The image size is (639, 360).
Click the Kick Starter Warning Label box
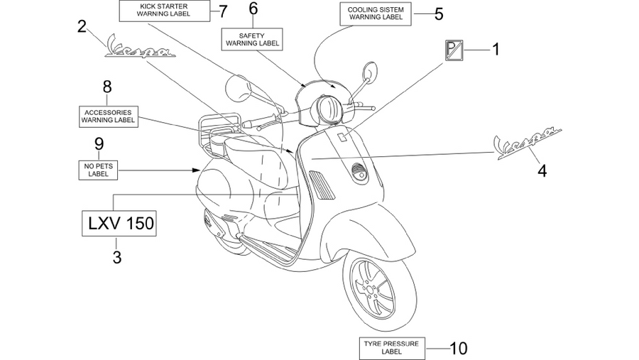(164, 11)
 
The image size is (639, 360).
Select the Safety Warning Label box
(252, 40)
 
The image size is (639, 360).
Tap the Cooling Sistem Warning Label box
(376, 14)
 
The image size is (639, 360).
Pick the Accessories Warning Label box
(109, 116)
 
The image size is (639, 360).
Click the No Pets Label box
(98, 170)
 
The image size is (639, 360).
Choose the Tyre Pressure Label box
(392, 348)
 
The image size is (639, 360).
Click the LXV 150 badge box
(119, 224)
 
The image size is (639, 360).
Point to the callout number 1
(496, 50)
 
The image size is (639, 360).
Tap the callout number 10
(459, 349)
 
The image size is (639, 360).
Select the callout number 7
(222, 11)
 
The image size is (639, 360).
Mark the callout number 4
(542, 171)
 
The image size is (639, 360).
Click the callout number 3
(117, 257)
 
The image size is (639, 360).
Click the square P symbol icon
(454, 50)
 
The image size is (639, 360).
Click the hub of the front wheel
(370, 290)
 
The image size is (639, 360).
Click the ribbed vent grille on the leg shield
(322, 185)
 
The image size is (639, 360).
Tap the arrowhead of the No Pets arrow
(197, 170)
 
